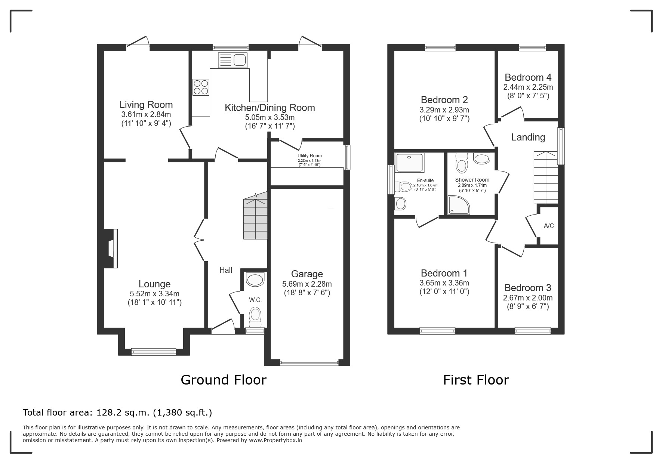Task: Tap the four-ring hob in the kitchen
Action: coord(201,87)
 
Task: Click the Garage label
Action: coord(307,274)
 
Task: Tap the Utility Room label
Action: coord(310,156)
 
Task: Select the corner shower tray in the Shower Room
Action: coord(459,205)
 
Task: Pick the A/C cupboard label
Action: coord(549,226)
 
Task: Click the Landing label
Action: coord(528,137)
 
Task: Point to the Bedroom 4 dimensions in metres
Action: coord(528,87)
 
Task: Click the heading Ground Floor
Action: coord(224,380)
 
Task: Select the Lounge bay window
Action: coord(154,351)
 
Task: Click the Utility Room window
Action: coord(347,157)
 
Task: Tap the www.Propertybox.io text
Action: coord(275,440)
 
